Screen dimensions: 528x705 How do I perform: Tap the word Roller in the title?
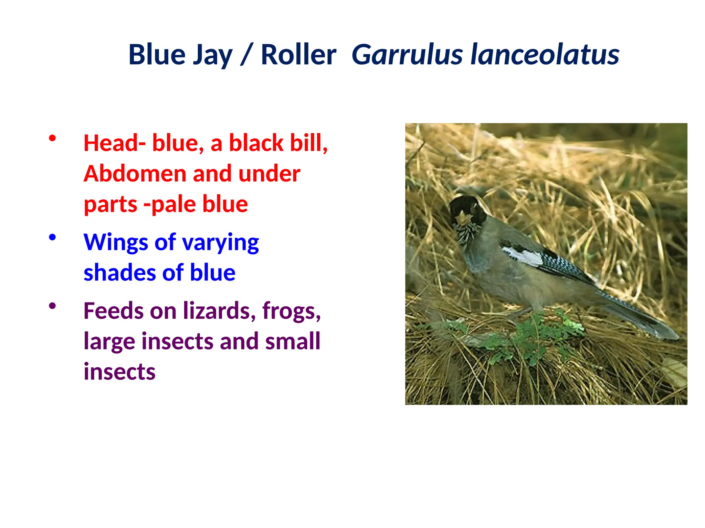pos(298,55)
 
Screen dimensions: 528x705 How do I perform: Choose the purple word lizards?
pos(219,311)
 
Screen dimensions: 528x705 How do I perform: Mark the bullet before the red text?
pos(52,139)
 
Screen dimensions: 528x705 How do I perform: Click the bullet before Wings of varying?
pos(52,238)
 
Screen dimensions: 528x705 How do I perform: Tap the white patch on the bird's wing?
pos(523,256)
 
